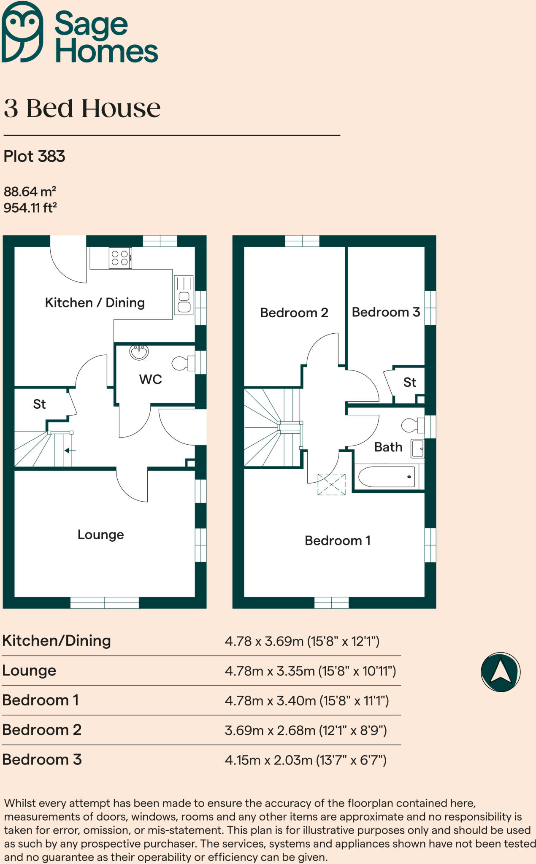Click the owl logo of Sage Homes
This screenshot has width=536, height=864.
[22, 32]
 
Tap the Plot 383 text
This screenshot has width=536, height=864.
[34, 157]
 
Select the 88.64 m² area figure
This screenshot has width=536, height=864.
[30, 192]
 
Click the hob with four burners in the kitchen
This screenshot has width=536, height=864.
[120, 258]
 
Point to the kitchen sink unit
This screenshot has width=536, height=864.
[184, 295]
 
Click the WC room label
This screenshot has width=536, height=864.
[151, 379]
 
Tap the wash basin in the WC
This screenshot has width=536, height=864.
[139, 352]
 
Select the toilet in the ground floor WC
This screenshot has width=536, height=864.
[184, 363]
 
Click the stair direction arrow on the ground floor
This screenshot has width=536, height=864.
[70, 451]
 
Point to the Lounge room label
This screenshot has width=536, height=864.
[100, 535]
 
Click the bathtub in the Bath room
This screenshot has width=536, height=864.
[387, 477]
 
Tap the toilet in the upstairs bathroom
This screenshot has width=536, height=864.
[412, 425]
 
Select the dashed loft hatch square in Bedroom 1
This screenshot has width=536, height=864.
[331, 484]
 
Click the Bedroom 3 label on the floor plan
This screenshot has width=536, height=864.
[386, 312]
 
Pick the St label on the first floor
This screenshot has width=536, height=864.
[409, 382]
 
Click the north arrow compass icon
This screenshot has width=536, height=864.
[500, 672]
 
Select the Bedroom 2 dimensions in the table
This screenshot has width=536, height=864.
[306, 730]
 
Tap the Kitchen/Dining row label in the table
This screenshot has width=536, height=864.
[57, 641]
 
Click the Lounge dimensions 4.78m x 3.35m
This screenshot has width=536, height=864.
[310, 671]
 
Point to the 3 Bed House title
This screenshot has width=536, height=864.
[82, 108]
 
